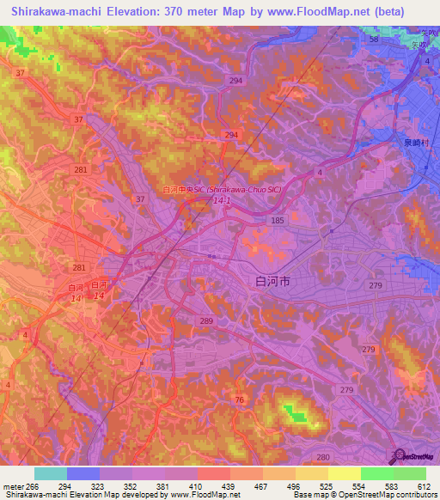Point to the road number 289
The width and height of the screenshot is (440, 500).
[x=206, y=320]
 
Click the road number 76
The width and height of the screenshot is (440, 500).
[x=240, y=400]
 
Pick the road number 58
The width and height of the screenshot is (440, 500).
[x=372, y=40]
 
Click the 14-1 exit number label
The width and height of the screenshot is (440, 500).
[x=221, y=201]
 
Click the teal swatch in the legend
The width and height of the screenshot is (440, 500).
[x=51, y=473]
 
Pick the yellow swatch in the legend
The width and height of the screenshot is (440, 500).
[x=345, y=473]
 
